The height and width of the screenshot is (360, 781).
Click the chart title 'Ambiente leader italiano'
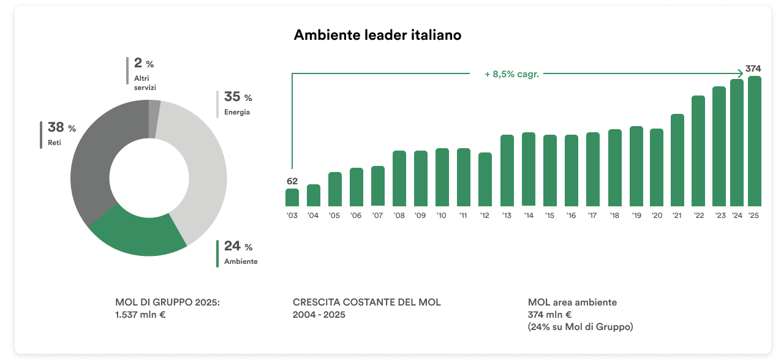pos(377,36)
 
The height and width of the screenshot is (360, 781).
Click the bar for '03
pos(292,197)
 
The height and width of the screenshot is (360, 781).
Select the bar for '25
pos(755,141)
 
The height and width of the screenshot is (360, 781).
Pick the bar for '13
pos(507,170)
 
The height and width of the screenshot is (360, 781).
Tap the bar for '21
pos(677,160)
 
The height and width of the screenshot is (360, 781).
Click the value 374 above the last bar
pos(753,68)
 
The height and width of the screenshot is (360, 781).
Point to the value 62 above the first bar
pos(292,181)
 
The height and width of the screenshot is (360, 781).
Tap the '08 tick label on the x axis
pos(399,216)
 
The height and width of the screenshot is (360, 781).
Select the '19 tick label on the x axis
pos(636,216)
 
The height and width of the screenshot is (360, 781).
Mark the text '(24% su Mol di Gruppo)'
pos(580,327)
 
